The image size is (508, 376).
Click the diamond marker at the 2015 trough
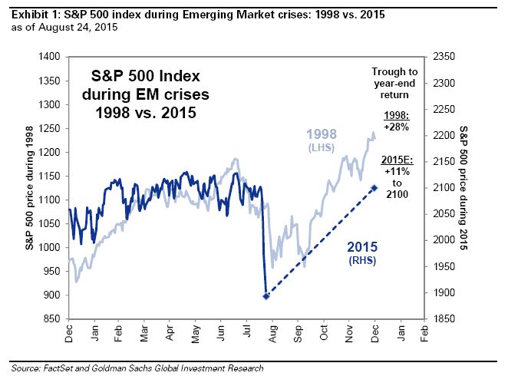[x=266, y=295]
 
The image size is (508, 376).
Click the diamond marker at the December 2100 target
[x=374, y=187]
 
